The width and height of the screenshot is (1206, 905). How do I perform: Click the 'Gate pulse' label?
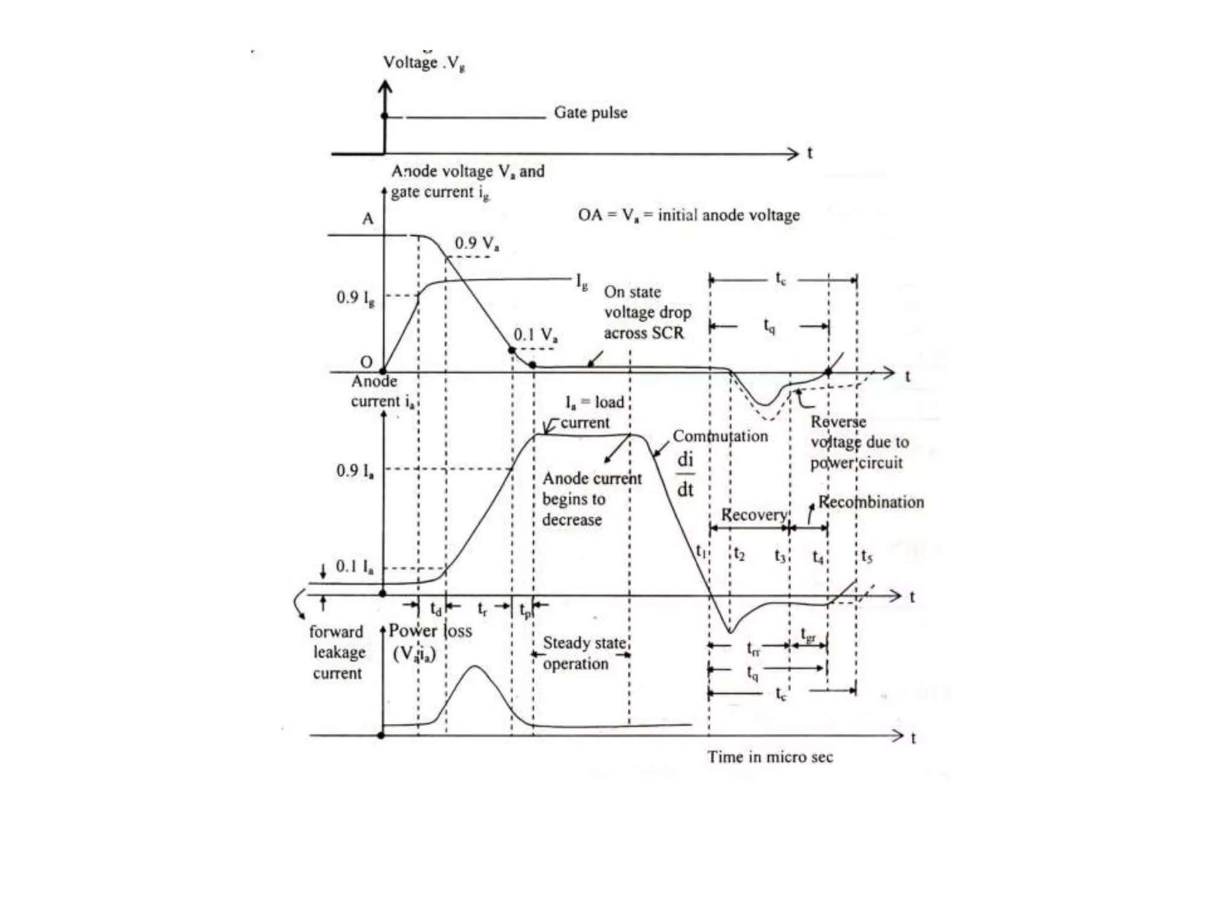[590, 112]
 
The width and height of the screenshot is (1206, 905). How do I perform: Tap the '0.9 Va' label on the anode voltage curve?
[476, 243]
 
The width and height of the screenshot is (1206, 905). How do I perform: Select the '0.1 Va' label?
[535, 335]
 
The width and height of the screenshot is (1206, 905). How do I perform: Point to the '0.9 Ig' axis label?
[355, 298]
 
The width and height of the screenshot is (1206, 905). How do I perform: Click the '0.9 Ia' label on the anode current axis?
[355, 471]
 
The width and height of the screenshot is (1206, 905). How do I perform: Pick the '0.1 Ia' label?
[354, 567]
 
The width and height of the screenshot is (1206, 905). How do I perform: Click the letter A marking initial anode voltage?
[367, 219]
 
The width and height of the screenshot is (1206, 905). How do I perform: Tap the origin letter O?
[366, 362]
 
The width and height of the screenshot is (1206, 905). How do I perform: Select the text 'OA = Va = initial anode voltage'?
[688, 215]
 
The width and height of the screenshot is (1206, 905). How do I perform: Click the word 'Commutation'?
[720, 436]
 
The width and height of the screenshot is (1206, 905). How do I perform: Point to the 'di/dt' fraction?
[685, 474]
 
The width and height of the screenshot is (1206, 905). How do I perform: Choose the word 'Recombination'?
[871, 502]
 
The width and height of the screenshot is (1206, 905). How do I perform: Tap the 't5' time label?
[866, 556]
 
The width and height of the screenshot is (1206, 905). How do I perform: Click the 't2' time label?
[740, 554]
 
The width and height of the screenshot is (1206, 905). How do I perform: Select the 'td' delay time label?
[436, 609]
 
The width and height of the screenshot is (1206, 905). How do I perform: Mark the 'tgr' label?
[809, 635]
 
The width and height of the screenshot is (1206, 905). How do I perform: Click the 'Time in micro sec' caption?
[770, 757]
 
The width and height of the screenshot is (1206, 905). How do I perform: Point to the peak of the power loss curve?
[475, 666]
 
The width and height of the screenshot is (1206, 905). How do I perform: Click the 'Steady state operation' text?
[583, 653]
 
